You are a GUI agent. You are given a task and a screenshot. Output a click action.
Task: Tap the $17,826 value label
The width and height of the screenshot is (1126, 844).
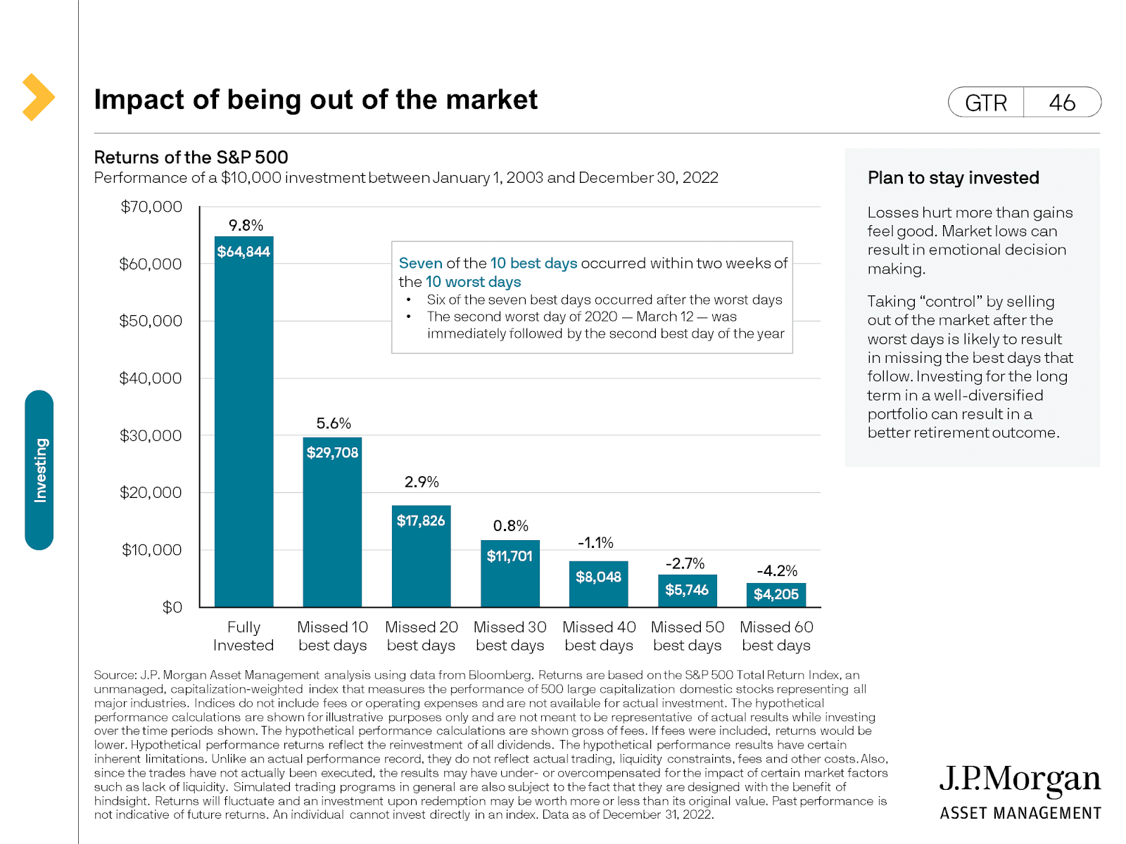(x=421, y=520)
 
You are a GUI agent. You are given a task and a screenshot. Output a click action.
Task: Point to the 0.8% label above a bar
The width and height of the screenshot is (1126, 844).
(x=510, y=526)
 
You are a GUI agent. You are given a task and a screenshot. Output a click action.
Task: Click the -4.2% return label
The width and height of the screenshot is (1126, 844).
(x=777, y=570)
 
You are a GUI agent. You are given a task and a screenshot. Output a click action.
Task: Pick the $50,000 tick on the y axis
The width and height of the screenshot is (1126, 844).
(x=151, y=321)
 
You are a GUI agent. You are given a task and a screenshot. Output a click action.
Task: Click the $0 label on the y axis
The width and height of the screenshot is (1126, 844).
(x=172, y=607)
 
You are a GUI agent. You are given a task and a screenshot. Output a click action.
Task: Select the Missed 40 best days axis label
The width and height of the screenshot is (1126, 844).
(x=599, y=636)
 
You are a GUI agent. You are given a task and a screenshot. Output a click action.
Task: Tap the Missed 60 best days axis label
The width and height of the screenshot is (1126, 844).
(x=776, y=636)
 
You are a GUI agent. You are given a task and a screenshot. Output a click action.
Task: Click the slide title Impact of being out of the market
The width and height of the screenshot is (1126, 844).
(x=316, y=100)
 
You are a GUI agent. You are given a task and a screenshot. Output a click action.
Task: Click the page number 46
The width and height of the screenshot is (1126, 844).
(x=1062, y=103)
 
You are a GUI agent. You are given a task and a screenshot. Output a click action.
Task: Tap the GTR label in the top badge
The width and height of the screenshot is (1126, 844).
(x=986, y=103)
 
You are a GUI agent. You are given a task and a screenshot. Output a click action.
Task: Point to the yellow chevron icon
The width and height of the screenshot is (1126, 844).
(x=38, y=97)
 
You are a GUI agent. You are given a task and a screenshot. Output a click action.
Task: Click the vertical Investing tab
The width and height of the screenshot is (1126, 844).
(x=39, y=470)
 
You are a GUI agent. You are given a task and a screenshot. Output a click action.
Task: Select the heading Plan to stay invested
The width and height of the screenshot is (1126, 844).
(x=953, y=178)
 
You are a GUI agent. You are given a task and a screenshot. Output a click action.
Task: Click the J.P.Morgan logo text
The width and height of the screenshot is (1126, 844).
(x=1020, y=779)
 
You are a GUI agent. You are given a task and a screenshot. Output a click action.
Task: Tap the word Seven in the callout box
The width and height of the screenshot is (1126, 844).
(x=420, y=263)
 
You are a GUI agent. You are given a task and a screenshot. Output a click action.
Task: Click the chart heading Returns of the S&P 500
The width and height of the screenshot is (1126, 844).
(x=191, y=157)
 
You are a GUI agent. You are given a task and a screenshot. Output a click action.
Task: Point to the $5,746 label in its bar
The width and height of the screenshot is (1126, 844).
(x=687, y=589)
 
